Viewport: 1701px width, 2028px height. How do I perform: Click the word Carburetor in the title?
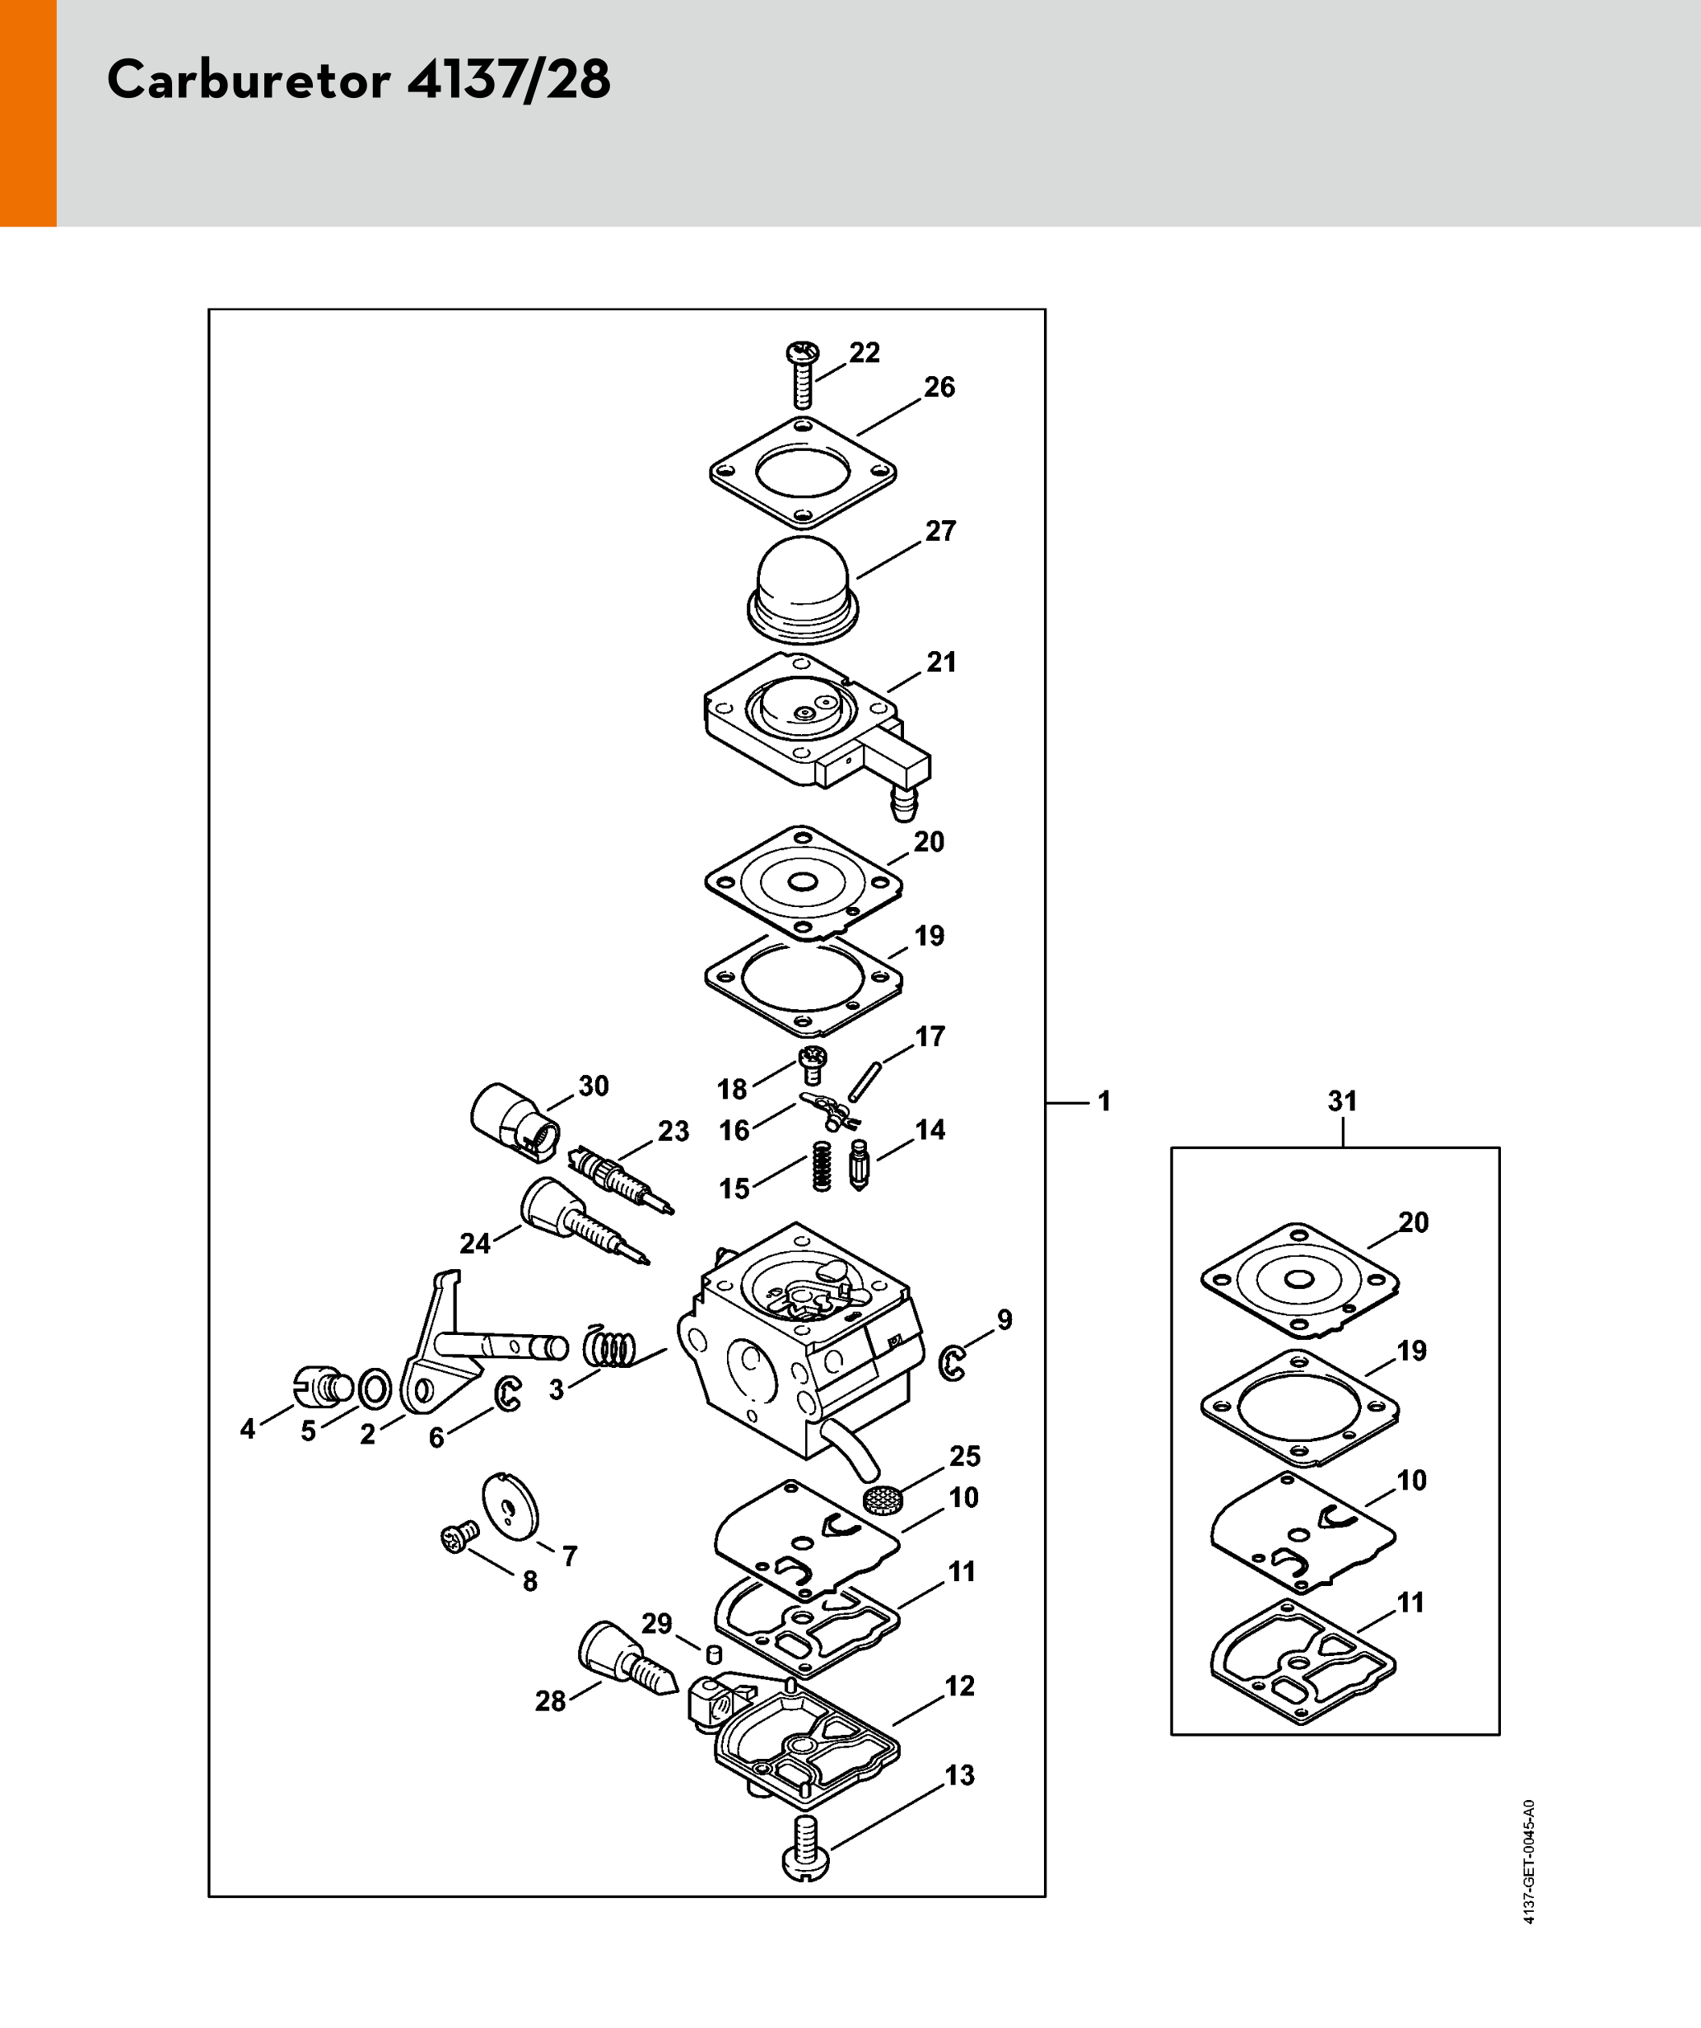coord(249,79)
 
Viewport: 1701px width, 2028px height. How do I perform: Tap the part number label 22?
coord(864,353)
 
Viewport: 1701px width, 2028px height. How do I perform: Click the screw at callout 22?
coord(803,374)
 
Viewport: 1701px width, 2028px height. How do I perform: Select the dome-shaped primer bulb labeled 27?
coord(803,589)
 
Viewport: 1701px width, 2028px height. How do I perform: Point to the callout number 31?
coord(1343,1101)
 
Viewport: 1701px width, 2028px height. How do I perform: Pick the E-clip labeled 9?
coord(953,1363)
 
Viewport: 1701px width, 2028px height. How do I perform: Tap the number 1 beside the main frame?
coord(1104,1101)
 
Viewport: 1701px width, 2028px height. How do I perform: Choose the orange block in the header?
coord(28,113)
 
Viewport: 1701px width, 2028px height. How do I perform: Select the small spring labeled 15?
coord(822,1165)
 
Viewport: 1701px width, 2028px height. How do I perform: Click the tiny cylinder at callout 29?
coord(715,1654)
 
